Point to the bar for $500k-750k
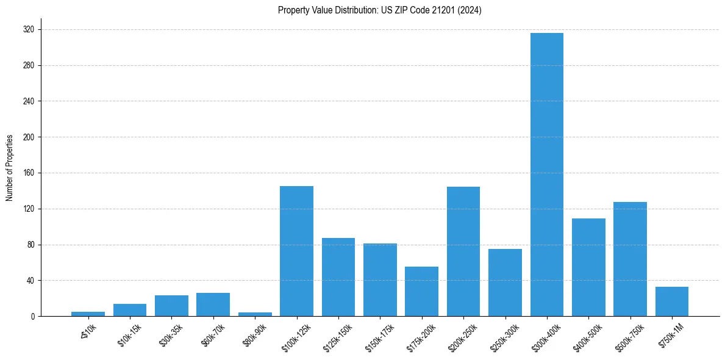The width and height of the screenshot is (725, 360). (630, 259)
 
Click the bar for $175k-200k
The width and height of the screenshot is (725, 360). (421, 292)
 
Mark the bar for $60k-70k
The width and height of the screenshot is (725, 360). (213, 304)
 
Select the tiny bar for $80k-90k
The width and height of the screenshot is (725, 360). (254, 314)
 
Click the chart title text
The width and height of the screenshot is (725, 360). (379, 10)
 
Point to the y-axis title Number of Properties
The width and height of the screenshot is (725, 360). (10, 167)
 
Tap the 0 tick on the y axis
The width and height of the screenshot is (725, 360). (33, 316)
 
